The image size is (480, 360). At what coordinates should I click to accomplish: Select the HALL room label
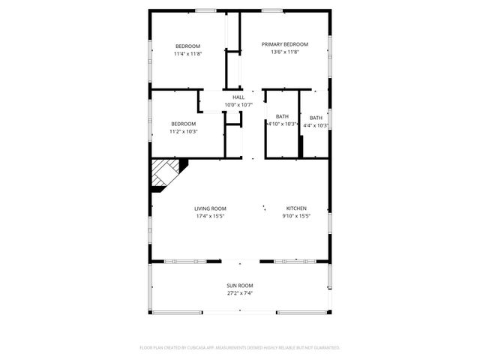(x=238, y=97)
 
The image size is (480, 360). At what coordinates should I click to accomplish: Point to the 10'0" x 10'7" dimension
(x=238, y=105)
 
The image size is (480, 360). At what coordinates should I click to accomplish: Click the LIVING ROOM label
(x=210, y=208)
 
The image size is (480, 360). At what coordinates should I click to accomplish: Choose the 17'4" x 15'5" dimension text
(x=210, y=216)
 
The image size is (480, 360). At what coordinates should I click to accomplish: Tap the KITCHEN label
(x=296, y=208)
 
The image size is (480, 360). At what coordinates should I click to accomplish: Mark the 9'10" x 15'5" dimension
(x=296, y=216)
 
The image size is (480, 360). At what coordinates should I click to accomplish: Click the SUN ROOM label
(x=240, y=286)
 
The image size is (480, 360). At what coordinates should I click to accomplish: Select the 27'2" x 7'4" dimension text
(x=240, y=293)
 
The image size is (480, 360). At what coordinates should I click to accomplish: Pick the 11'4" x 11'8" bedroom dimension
(x=187, y=54)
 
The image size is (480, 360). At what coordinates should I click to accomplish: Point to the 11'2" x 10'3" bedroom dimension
(x=183, y=131)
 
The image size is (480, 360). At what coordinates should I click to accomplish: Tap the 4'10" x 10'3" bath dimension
(x=282, y=124)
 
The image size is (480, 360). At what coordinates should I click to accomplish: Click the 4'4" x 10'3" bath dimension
(x=316, y=125)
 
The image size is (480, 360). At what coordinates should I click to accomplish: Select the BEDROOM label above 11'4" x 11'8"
(x=187, y=46)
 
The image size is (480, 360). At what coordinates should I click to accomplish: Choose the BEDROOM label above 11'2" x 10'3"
(x=183, y=124)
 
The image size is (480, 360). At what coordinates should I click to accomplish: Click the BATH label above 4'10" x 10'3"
(x=282, y=116)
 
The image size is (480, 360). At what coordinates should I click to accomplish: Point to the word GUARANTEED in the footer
(x=325, y=348)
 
